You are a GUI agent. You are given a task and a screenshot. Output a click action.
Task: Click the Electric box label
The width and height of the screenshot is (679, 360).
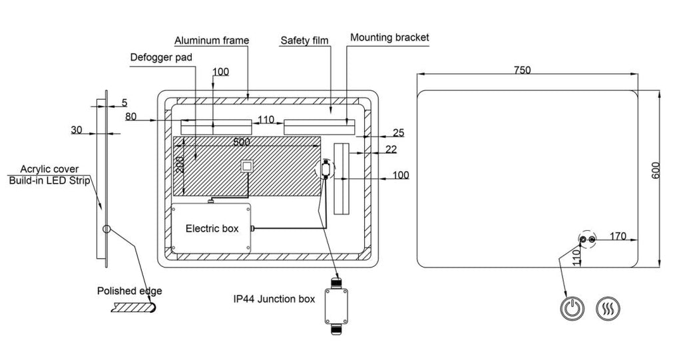pyautogui.click(x=212, y=228)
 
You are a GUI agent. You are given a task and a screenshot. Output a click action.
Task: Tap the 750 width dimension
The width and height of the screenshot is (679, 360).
pyautogui.click(x=523, y=70)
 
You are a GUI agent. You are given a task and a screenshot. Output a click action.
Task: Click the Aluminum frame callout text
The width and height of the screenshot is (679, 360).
pyautogui.click(x=212, y=41)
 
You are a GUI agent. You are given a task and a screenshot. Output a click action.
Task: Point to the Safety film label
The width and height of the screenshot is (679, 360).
pyautogui.click(x=304, y=41)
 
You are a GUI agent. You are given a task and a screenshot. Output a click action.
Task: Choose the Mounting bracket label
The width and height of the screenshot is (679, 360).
pyautogui.click(x=389, y=38)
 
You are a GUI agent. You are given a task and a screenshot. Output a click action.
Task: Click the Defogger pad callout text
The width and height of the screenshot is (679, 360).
pyautogui.click(x=161, y=57)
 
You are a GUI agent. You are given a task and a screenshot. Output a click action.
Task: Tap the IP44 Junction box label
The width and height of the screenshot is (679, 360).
pyautogui.click(x=274, y=299)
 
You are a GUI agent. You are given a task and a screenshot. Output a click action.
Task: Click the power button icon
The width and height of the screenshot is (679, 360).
pyautogui.click(x=572, y=309)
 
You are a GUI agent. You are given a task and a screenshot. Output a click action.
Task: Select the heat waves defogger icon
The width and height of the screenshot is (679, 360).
pyautogui.click(x=608, y=309)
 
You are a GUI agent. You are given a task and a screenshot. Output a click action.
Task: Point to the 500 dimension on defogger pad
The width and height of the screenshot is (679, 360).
pyautogui.click(x=242, y=142)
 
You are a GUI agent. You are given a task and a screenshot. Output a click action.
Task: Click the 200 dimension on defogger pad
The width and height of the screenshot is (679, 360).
pyautogui.click(x=180, y=165)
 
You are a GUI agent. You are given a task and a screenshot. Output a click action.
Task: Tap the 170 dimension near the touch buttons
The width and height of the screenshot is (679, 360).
pyautogui.click(x=618, y=236)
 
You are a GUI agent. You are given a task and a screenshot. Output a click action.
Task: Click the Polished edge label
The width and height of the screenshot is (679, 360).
pyautogui.click(x=130, y=291)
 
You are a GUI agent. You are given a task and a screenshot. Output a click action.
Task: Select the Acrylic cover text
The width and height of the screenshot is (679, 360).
pyautogui.click(x=49, y=169)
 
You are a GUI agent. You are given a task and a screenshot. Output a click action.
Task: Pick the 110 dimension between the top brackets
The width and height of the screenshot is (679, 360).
pyautogui.click(x=266, y=119)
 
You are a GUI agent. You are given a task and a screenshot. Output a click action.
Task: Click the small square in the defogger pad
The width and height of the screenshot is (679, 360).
pyautogui.click(x=248, y=166)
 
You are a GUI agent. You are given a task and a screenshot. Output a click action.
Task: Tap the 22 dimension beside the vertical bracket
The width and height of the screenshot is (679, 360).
pyautogui.click(x=391, y=149)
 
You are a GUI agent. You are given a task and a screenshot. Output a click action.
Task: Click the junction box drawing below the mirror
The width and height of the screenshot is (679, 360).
pyautogui.click(x=336, y=306)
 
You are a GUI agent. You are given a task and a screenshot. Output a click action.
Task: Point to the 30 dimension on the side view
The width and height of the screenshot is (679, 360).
pyautogui.click(x=76, y=130)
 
